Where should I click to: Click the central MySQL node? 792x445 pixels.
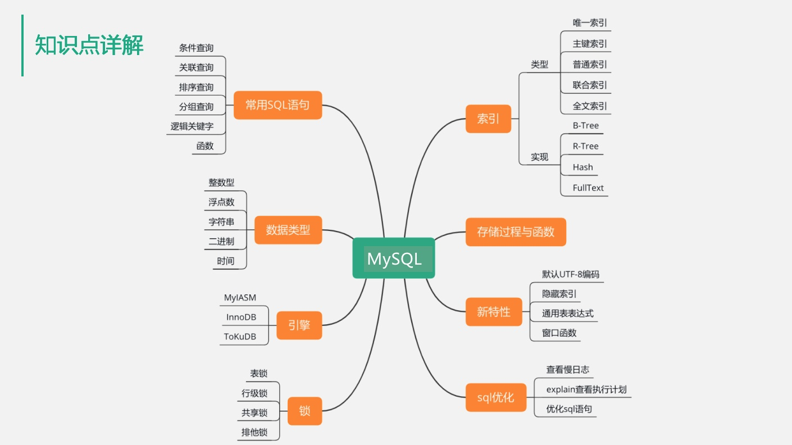(x=394, y=258)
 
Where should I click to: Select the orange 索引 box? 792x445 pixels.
(x=488, y=119)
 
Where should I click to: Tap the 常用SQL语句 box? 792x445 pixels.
(x=277, y=105)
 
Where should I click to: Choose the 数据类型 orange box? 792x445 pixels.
(x=288, y=230)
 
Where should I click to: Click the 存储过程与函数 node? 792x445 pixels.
(x=516, y=231)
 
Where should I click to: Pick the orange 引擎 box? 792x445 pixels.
(x=299, y=325)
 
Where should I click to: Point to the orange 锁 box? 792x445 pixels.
(x=304, y=411)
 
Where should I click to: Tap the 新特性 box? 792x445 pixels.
(x=494, y=312)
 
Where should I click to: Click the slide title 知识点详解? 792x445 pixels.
(x=89, y=45)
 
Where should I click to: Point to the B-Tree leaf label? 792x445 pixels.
(x=586, y=125)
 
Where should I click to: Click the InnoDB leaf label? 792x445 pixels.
(x=241, y=317)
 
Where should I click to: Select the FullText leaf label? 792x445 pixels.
(x=588, y=188)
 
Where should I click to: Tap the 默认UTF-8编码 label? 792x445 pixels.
(x=570, y=274)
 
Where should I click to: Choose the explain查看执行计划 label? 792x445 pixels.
(x=586, y=389)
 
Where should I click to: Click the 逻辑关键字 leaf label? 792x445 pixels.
(x=192, y=126)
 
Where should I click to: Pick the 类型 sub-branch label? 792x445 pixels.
(x=539, y=65)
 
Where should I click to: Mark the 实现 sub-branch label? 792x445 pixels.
(x=539, y=157)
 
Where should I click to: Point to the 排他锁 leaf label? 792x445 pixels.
(x=254, y=432)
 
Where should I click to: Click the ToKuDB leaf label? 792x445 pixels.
(x=240, y=337)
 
